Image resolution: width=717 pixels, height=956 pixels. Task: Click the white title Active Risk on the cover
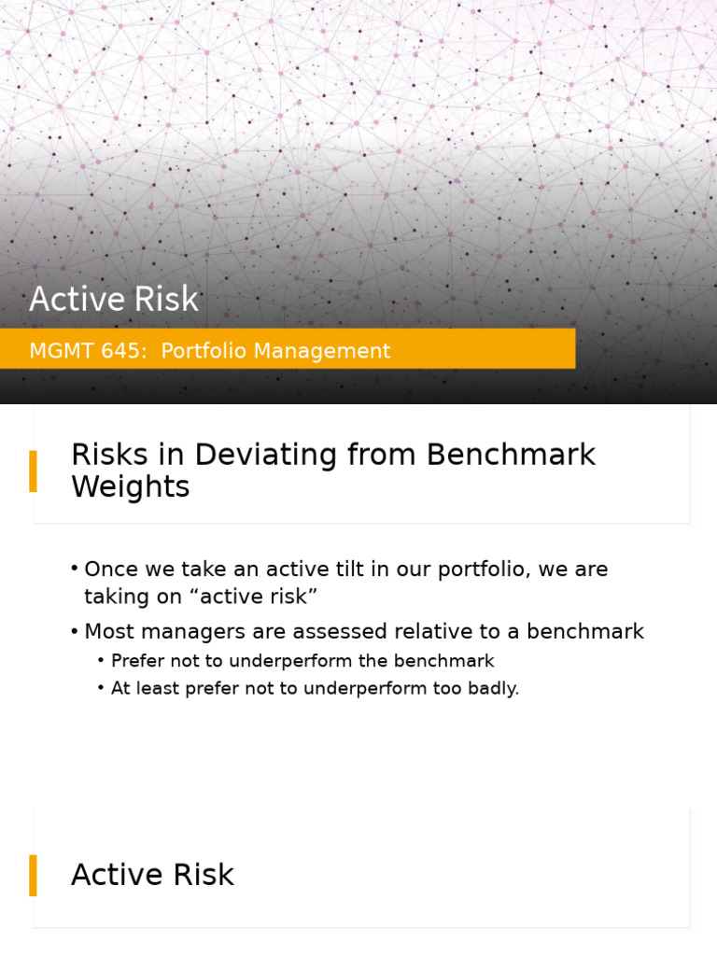click(x=114, y=299)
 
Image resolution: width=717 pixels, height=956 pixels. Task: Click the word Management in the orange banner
click(x=322, y=351)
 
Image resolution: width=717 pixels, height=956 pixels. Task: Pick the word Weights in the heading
click(x=131, y=486)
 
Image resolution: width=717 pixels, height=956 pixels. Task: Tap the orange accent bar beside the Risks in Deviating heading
click(x=33, y=471)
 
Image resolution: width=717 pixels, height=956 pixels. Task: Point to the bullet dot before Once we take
click(x=75, y=569)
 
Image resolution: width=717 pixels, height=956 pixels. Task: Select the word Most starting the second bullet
click(x=110, y=632)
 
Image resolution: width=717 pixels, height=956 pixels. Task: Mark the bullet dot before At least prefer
click(x=101, y=688)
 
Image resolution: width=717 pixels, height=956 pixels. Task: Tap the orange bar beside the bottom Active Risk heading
click(x=33, y=876)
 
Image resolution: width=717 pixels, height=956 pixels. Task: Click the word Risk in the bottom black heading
click(x=204, y=875)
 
